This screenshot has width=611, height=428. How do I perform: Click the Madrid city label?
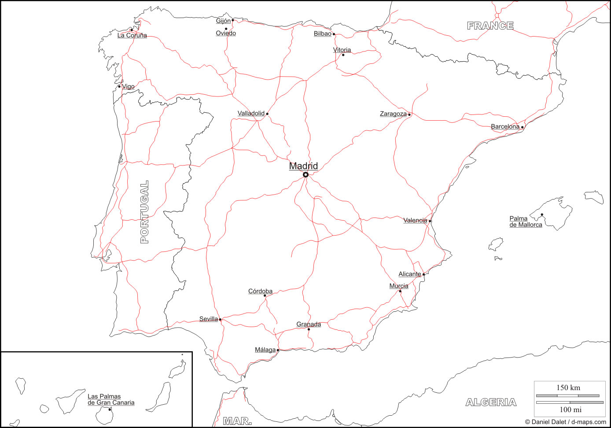click(303, 166)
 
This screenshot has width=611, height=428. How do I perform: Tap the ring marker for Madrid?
click(305, 175)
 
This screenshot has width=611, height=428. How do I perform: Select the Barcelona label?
click(505, 126)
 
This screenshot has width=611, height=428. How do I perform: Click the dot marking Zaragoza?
click(409, 114)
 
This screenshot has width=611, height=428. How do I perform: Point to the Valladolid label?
click(251, 113)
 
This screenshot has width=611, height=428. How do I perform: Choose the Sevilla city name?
click(209, 319)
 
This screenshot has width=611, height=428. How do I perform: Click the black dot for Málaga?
click(278, 350)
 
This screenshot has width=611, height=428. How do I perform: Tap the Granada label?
click(309, 324)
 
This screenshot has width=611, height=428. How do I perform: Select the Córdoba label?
click(260, 291)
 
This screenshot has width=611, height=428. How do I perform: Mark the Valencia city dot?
click(430, 221)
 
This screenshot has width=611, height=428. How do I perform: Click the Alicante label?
click(409, 274)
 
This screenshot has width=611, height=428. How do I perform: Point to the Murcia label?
click(399, 286)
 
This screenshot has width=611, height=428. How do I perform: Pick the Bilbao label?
click(322, 33)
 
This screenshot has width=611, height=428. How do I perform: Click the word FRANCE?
click(490, 26)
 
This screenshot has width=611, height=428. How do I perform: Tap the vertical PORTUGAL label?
click(144, 212)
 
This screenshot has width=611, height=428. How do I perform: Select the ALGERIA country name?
click(491, 402)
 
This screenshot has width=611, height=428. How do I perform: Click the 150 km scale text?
click(568, 387)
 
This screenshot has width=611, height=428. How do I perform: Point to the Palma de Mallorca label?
click(526, 221)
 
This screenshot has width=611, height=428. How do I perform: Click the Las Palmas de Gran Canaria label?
click(111, 399)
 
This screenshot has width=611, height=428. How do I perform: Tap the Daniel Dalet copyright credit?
click(565, 422)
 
